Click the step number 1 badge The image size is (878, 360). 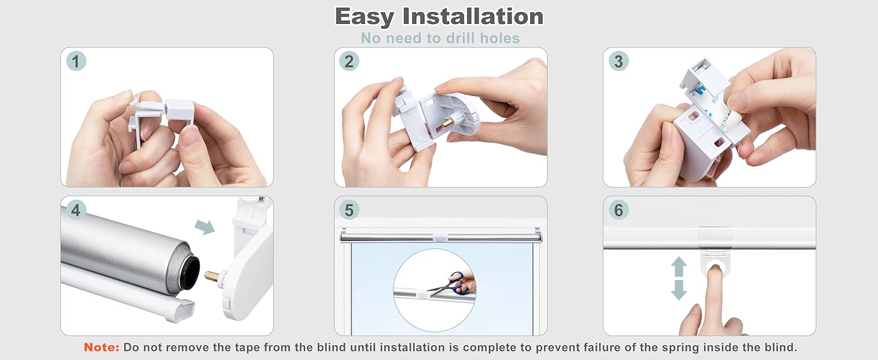pos(76,61)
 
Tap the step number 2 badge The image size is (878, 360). pos(349,61)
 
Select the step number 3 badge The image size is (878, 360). pos(618,61)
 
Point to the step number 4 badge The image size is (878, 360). pos(76,210)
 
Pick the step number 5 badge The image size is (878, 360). pos(349,210)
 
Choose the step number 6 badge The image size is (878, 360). pos(618,210)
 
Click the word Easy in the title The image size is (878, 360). pos(365,17)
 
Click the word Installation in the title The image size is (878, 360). pos(473,16)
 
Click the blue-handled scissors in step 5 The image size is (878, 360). pos(455,283)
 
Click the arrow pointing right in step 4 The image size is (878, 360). pos(205,227)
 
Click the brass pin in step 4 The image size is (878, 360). pos(212,275)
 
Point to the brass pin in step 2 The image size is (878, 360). pos(447,122)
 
